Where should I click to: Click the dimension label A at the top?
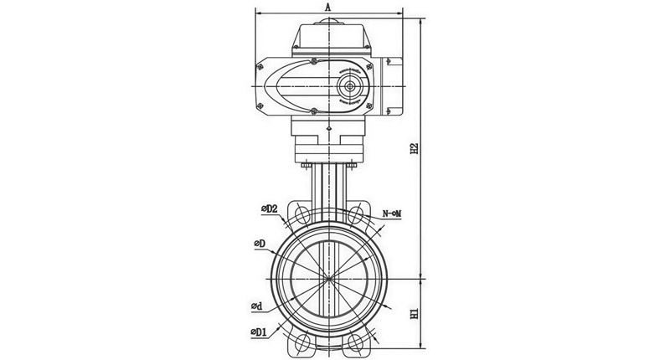click(x=328, y=7)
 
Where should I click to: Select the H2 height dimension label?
click(x=414, y=148)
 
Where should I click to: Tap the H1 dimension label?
click(x=414, y=314)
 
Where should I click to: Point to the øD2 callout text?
click(x=270, y=208)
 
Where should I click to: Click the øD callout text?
click(x=260, y=244)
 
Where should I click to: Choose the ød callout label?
click(x=257, y=306)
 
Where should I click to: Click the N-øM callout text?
click(x=392, y=214)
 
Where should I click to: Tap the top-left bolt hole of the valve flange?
click(x=301, y=214)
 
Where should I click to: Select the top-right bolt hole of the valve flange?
click(x=355, y=214)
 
